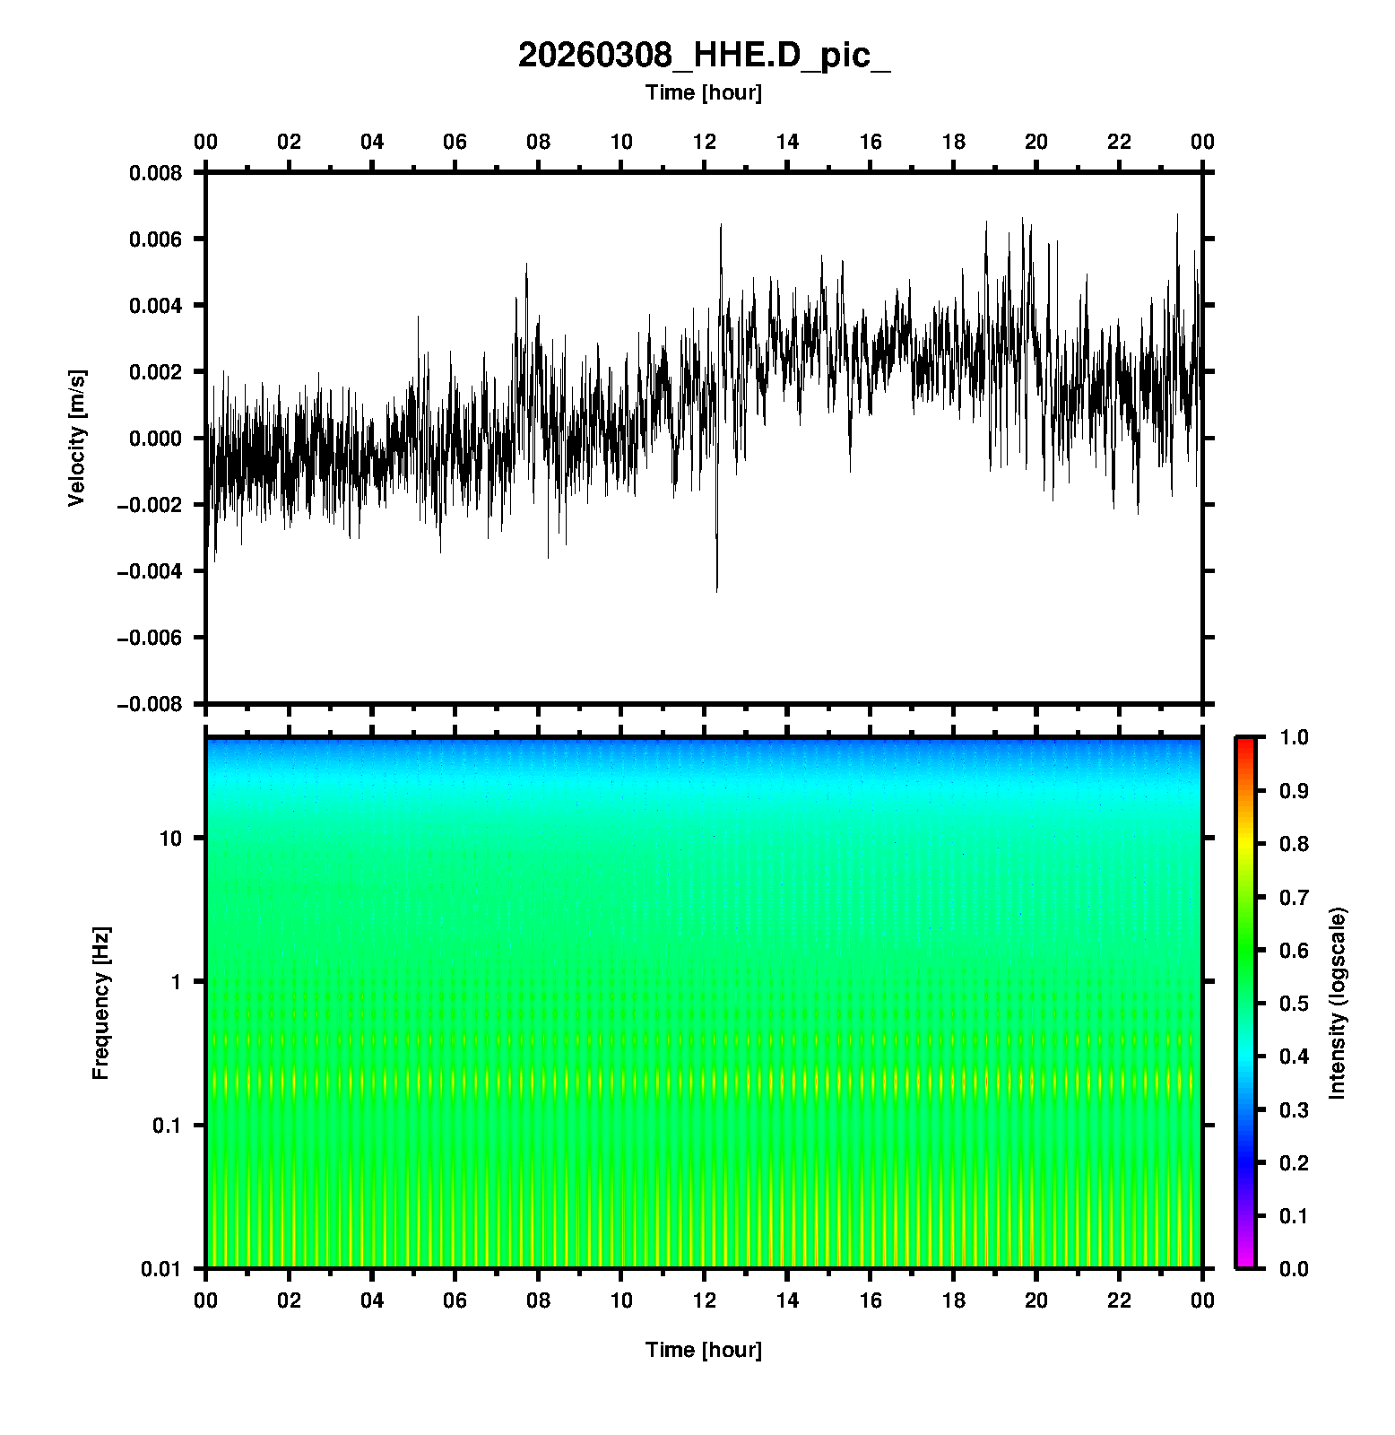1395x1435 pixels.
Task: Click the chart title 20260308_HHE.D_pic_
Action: click(704, 56)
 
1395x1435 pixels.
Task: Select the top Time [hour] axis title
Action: click(704, 92)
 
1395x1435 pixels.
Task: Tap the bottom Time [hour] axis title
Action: click(704, 1350)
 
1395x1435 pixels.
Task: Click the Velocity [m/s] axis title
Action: click(77, 438)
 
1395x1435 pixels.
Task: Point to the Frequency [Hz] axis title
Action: click(100, 1003)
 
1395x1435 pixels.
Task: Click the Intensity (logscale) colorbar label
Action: click(1338, 1003)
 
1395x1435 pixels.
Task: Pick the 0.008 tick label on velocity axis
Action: click(155, 172)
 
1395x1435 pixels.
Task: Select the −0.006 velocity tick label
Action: click(149, 638)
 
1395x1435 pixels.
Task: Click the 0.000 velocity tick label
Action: click(155, 439)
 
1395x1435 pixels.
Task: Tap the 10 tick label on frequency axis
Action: click(170, 839)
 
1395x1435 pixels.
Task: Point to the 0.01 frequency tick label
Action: click(161, 1269)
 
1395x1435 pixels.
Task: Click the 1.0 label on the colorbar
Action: click(1294, 737)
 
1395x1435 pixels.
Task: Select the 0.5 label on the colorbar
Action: click(1294, 1003)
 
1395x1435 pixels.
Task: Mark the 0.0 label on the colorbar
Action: click(1294, 1269)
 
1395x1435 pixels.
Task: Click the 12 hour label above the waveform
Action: click(705, 142)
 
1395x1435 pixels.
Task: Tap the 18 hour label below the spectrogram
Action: click(954, 1300)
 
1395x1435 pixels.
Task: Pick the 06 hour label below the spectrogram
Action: click(455, 1300)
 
